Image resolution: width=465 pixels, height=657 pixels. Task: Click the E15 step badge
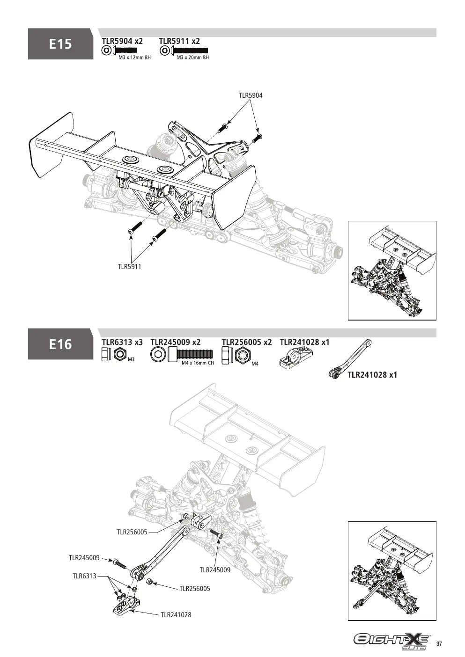[60, 44]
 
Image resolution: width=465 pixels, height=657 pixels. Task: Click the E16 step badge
[60, 344]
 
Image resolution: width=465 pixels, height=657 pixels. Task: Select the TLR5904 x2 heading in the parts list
[122, 41]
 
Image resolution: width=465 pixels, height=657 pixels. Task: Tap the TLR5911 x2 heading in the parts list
[179, 41]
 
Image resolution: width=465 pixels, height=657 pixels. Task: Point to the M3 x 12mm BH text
[134, 58]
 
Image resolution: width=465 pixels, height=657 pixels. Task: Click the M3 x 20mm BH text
[192, 58]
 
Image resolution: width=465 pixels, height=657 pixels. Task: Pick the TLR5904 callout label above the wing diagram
[251, 95]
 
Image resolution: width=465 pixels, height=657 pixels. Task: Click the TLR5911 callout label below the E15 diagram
[129, 267]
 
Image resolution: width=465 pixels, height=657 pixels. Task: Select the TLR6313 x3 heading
[122, 342]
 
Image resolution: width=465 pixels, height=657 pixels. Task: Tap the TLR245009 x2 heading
[176, 342]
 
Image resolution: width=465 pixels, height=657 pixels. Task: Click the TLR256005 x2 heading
[247, 342]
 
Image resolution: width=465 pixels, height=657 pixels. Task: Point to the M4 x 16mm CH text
[198, 363]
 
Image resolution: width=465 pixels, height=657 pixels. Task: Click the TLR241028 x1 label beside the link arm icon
[372, 375]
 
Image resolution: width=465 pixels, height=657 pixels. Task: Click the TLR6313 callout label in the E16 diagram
[85, 576]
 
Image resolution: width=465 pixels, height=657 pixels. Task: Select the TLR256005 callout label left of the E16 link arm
[132, 532]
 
